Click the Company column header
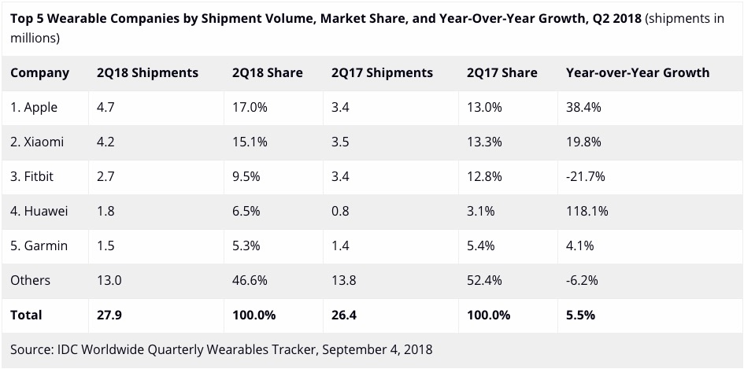pyautogui.click(x=39, y=72)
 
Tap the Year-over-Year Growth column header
pyautogui.click(x=637, y=72)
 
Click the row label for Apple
pyautogui.click(x=34, y=107)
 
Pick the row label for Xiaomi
pyautogui.click(x=37, y=142)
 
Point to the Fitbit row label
pyautogui.click(x=33, y=176)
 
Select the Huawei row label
pyautogui.click(x=39, y=211)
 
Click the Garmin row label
pyautogui.click(x=39, y=245)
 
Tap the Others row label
pyautogui.click(x=30, y=280)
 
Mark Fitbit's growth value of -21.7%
pyautogui.click(x=585, y=176)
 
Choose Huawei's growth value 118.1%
pyautogui.click(x=587, y=211)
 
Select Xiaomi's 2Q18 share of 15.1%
pyautogui.click(x=250, y=142)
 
